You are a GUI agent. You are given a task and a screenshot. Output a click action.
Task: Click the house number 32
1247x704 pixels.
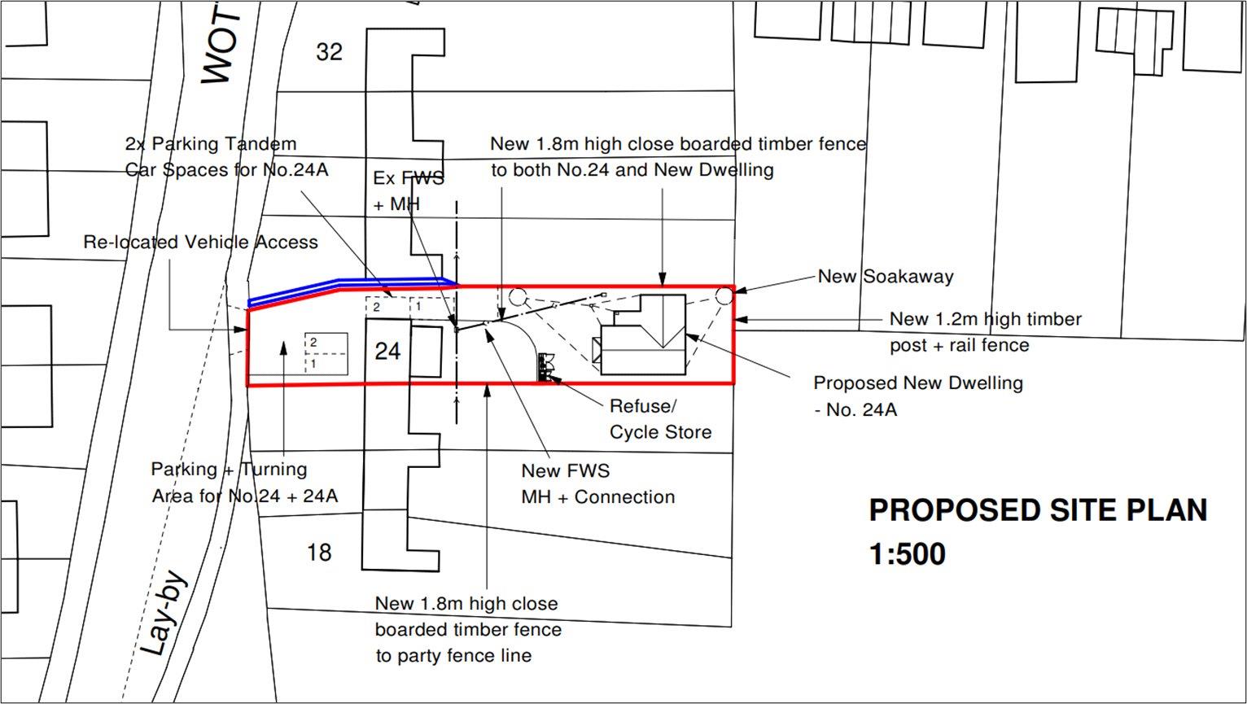329,52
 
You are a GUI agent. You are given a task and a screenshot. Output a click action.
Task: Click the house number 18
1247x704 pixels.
319,553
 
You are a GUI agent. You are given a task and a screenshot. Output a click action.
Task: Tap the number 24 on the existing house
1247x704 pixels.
387,351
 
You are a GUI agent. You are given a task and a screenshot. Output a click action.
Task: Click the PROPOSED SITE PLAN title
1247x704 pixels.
1038,510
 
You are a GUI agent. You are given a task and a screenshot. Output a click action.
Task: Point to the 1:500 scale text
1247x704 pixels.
908,553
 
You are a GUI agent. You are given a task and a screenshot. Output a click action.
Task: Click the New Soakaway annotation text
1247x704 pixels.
885,277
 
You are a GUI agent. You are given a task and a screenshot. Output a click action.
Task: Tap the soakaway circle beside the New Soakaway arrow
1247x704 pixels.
724,295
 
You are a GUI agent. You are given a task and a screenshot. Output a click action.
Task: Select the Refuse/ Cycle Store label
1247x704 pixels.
660,419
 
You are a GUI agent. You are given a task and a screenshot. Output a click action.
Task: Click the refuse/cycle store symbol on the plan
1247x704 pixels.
546,367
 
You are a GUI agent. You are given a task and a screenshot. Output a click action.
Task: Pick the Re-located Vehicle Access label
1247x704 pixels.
200,242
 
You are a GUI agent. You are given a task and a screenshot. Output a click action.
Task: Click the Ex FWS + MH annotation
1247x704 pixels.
408,191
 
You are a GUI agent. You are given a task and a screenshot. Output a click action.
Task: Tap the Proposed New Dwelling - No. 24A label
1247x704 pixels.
918,396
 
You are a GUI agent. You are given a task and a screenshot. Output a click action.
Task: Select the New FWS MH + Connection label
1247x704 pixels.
598,483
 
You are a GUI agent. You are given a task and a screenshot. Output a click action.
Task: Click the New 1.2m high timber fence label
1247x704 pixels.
986,332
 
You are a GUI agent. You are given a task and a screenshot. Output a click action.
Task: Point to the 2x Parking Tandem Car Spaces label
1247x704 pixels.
226,156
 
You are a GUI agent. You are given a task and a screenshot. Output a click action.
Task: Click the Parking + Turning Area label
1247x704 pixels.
244,483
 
